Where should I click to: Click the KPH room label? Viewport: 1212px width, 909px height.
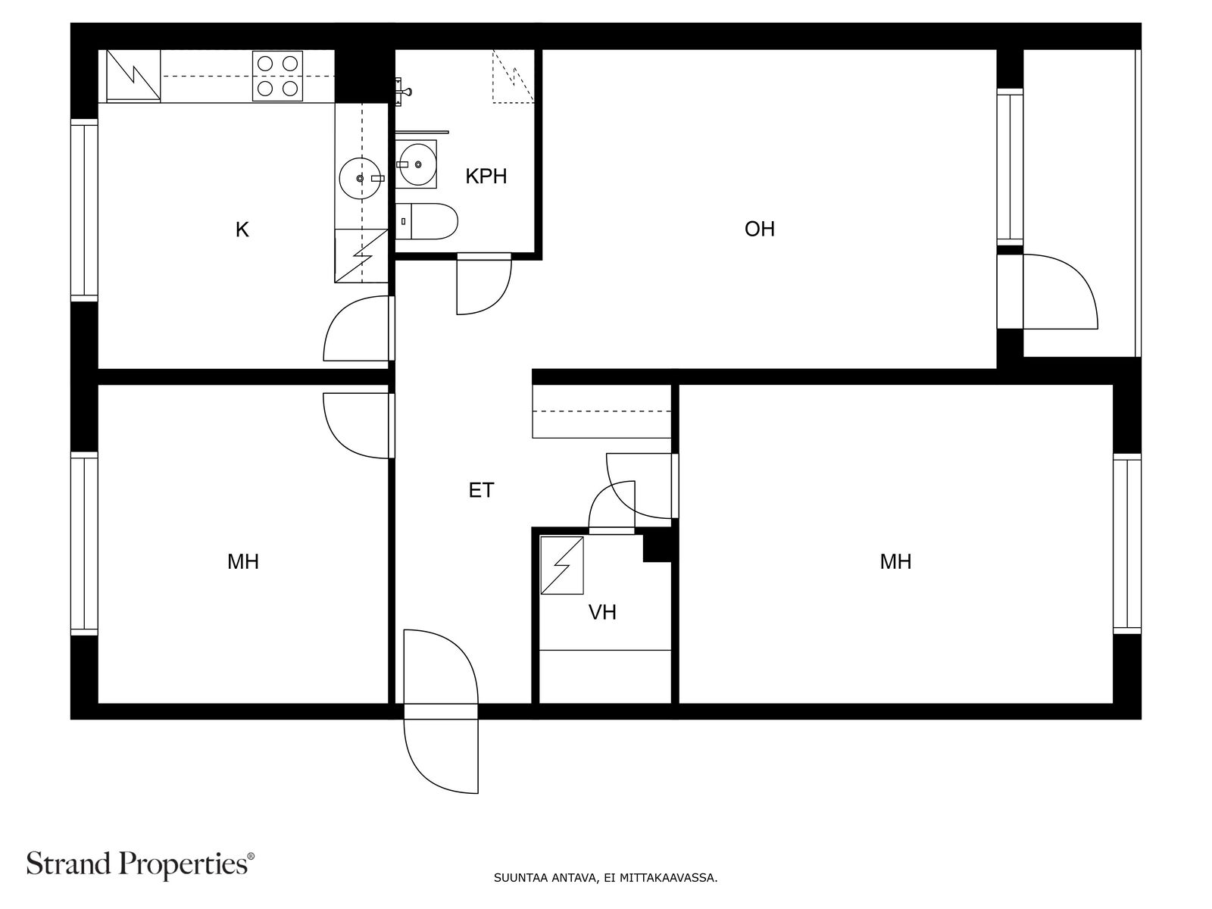tap(486, 176)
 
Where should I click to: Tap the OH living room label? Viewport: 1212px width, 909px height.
tap(759, 229)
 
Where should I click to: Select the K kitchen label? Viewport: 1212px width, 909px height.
tap(242, 230)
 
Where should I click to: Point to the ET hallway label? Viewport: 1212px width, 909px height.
tap(481, 490)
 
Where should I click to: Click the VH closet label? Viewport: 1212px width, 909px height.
tap(602, 613)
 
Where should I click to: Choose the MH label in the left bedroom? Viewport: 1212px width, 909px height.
tap(243, 562)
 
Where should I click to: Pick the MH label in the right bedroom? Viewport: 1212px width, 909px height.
tap(895, 562)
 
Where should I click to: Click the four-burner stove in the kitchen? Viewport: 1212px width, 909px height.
tap(278, 76)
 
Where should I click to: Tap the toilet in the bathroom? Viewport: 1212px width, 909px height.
tap(426, 221)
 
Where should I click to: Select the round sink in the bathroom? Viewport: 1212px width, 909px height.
tap(418, 164)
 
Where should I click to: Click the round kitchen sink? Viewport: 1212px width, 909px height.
tap(361, 178)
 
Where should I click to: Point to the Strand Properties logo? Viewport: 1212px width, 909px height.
tap(141, 864)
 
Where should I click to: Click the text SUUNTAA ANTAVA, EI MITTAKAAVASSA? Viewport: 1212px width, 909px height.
tap(606, 877)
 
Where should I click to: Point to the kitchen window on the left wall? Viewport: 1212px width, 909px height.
tap(85, 211)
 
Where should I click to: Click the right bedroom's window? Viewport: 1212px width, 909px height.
tap(1127, 544)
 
